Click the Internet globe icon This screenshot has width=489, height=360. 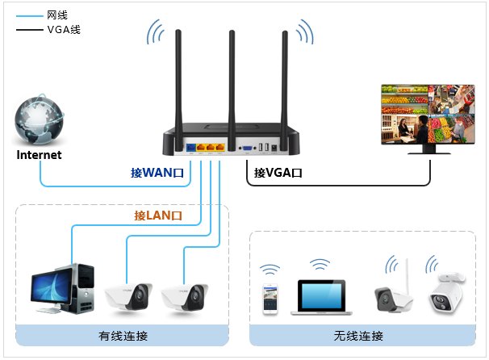click(39, 119)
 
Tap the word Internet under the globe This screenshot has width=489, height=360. click(39, 155)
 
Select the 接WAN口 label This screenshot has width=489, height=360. click(157, 173)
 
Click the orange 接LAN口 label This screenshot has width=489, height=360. click(158, 216)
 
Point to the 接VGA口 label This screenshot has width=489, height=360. click(278, 173)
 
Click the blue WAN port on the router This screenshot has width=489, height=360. click(191, 147)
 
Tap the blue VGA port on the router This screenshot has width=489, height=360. click(248, 148)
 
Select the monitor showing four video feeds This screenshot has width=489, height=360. click(428, 119)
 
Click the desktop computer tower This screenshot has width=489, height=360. click(83, 288)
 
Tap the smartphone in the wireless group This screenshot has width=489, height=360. click(270, 299)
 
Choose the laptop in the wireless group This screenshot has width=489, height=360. click(321, 297)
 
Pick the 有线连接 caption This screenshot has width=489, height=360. click(123, 336)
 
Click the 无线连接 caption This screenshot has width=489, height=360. click(358, 336)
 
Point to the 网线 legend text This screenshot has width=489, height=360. click(57, 15)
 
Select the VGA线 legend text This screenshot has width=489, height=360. click(64, 30)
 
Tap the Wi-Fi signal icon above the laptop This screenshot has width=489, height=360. click(320, 264)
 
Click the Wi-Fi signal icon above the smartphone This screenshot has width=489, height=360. click(270, 270)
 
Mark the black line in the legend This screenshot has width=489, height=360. click(29, 30)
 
